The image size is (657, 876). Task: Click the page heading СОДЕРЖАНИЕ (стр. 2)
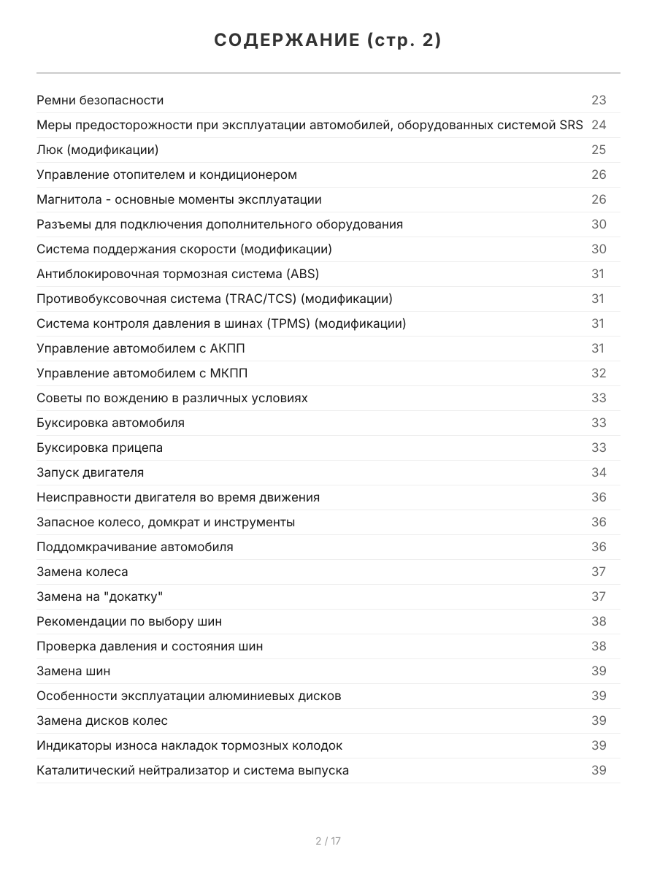[x=328, y=41]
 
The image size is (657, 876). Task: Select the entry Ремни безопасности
[x=100, y=100]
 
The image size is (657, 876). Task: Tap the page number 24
[x=599, y=125]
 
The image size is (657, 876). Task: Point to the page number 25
[x=599, y=150]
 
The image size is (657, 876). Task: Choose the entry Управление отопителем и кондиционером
[x=166, y=174]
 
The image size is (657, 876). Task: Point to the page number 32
[x=599, y=373]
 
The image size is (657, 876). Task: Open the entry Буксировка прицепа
[x=99, y=447]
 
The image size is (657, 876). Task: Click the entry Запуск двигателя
[x=90, y=472]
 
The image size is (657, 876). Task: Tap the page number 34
[x=599, y=472]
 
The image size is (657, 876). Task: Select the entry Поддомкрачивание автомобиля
[x=135, y=547]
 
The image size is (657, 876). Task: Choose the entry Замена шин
[x=74, y=671]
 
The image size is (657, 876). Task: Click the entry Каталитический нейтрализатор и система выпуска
[x=193, y=770]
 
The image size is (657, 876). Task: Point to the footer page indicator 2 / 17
[x=328, y=841]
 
